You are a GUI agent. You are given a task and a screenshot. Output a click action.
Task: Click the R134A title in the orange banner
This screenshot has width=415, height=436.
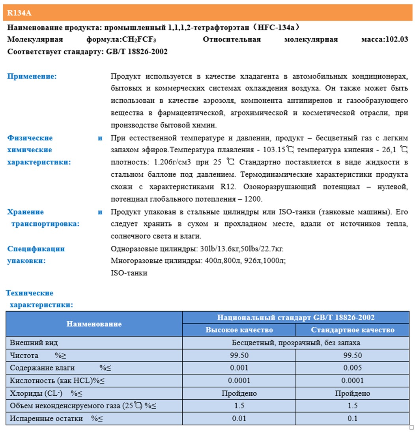[x=19, y=13]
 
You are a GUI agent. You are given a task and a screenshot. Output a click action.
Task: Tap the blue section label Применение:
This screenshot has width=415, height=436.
[x=32, y=76]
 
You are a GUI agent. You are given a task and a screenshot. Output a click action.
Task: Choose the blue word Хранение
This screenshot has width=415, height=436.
[x=26, y=212]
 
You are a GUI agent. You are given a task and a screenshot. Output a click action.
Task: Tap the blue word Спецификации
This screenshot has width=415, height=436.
[x=36, y=249]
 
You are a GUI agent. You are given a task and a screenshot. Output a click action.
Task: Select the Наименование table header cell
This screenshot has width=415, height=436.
[x=94, y=324]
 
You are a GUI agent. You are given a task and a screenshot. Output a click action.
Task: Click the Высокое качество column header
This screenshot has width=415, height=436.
[x=239, y=330]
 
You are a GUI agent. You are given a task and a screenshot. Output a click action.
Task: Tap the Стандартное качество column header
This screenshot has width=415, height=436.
[x=352, y=330]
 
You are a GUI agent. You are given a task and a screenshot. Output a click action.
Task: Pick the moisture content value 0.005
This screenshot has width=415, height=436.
[x=352, y=368]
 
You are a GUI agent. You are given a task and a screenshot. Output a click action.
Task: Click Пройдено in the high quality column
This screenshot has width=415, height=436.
[x=239, y=393]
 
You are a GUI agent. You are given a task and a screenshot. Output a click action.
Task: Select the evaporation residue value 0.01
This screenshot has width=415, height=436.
[x=239, y=418]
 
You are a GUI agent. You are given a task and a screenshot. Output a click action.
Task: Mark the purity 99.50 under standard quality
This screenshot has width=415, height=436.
[x=352, y=355]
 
